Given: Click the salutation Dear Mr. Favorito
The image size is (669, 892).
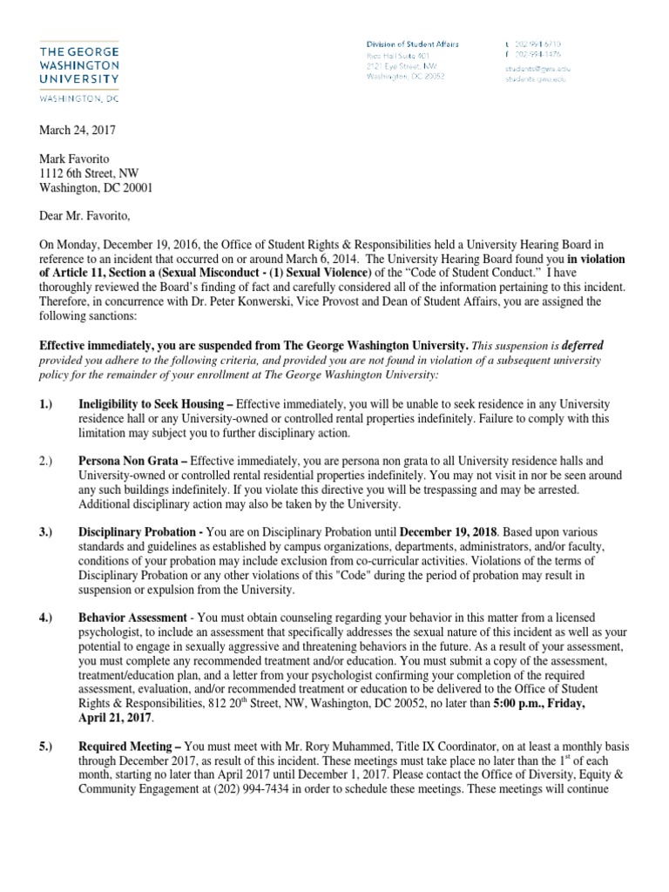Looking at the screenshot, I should (85, 218).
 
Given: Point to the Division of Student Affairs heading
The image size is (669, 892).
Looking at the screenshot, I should (412, 44).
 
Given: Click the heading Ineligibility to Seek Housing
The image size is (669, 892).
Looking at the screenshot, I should (151, 405).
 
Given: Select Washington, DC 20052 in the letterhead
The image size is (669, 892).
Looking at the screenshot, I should (405, 76).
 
